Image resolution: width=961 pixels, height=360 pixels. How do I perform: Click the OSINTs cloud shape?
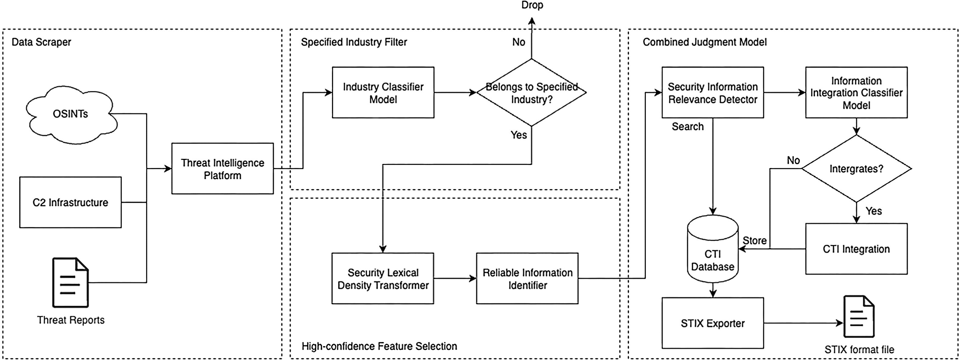[x=71, y=114]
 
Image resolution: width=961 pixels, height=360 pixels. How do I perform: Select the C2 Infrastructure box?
[x=71, y=202]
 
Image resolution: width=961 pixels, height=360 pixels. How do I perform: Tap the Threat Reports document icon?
[x=71, y=282]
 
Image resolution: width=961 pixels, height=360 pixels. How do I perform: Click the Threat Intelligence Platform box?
[x=223, y=169]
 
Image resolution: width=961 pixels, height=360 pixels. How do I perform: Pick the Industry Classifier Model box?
[x=383, y=93]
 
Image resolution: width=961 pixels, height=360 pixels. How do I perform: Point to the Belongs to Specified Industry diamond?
[x=532, y=93]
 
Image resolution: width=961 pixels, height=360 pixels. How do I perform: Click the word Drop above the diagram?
[x=532, y=5]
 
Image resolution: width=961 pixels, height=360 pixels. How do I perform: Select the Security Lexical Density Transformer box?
[x=383, y=279]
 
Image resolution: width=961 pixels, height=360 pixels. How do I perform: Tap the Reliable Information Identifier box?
[x=527, y=279]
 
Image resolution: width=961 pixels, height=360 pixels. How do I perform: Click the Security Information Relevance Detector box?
[x=713, y=93]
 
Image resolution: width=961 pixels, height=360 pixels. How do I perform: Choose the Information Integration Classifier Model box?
[x=857, y=93]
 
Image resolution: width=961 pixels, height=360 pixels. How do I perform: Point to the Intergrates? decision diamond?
[x=857, y=169]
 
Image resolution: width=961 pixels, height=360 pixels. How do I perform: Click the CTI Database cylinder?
[x=713, y=249]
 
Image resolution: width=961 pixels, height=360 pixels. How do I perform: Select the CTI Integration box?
[x=857, y=249]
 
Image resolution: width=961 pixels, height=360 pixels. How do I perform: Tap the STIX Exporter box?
[x=713, y=323]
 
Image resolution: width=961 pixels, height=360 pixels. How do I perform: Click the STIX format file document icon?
[x=859, y=316]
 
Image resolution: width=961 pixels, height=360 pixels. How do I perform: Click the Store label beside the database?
[x=755, y=241]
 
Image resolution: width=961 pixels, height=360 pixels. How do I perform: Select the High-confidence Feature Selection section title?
[x=379, y=347]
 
